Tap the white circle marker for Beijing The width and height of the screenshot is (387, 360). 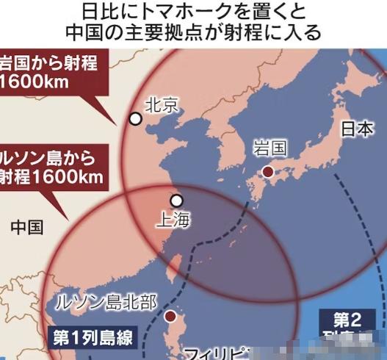click(135, 118)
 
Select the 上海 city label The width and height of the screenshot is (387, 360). click(176, 219)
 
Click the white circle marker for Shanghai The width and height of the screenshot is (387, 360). click(176, 200)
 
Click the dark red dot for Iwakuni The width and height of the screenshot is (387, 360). click(268, 171)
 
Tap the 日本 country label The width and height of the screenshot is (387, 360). click(357, 129)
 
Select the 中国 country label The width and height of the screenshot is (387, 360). click(27, 227)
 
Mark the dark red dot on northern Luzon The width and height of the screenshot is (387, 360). click(170, 317)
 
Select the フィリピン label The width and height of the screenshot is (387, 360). click(209, 353)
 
